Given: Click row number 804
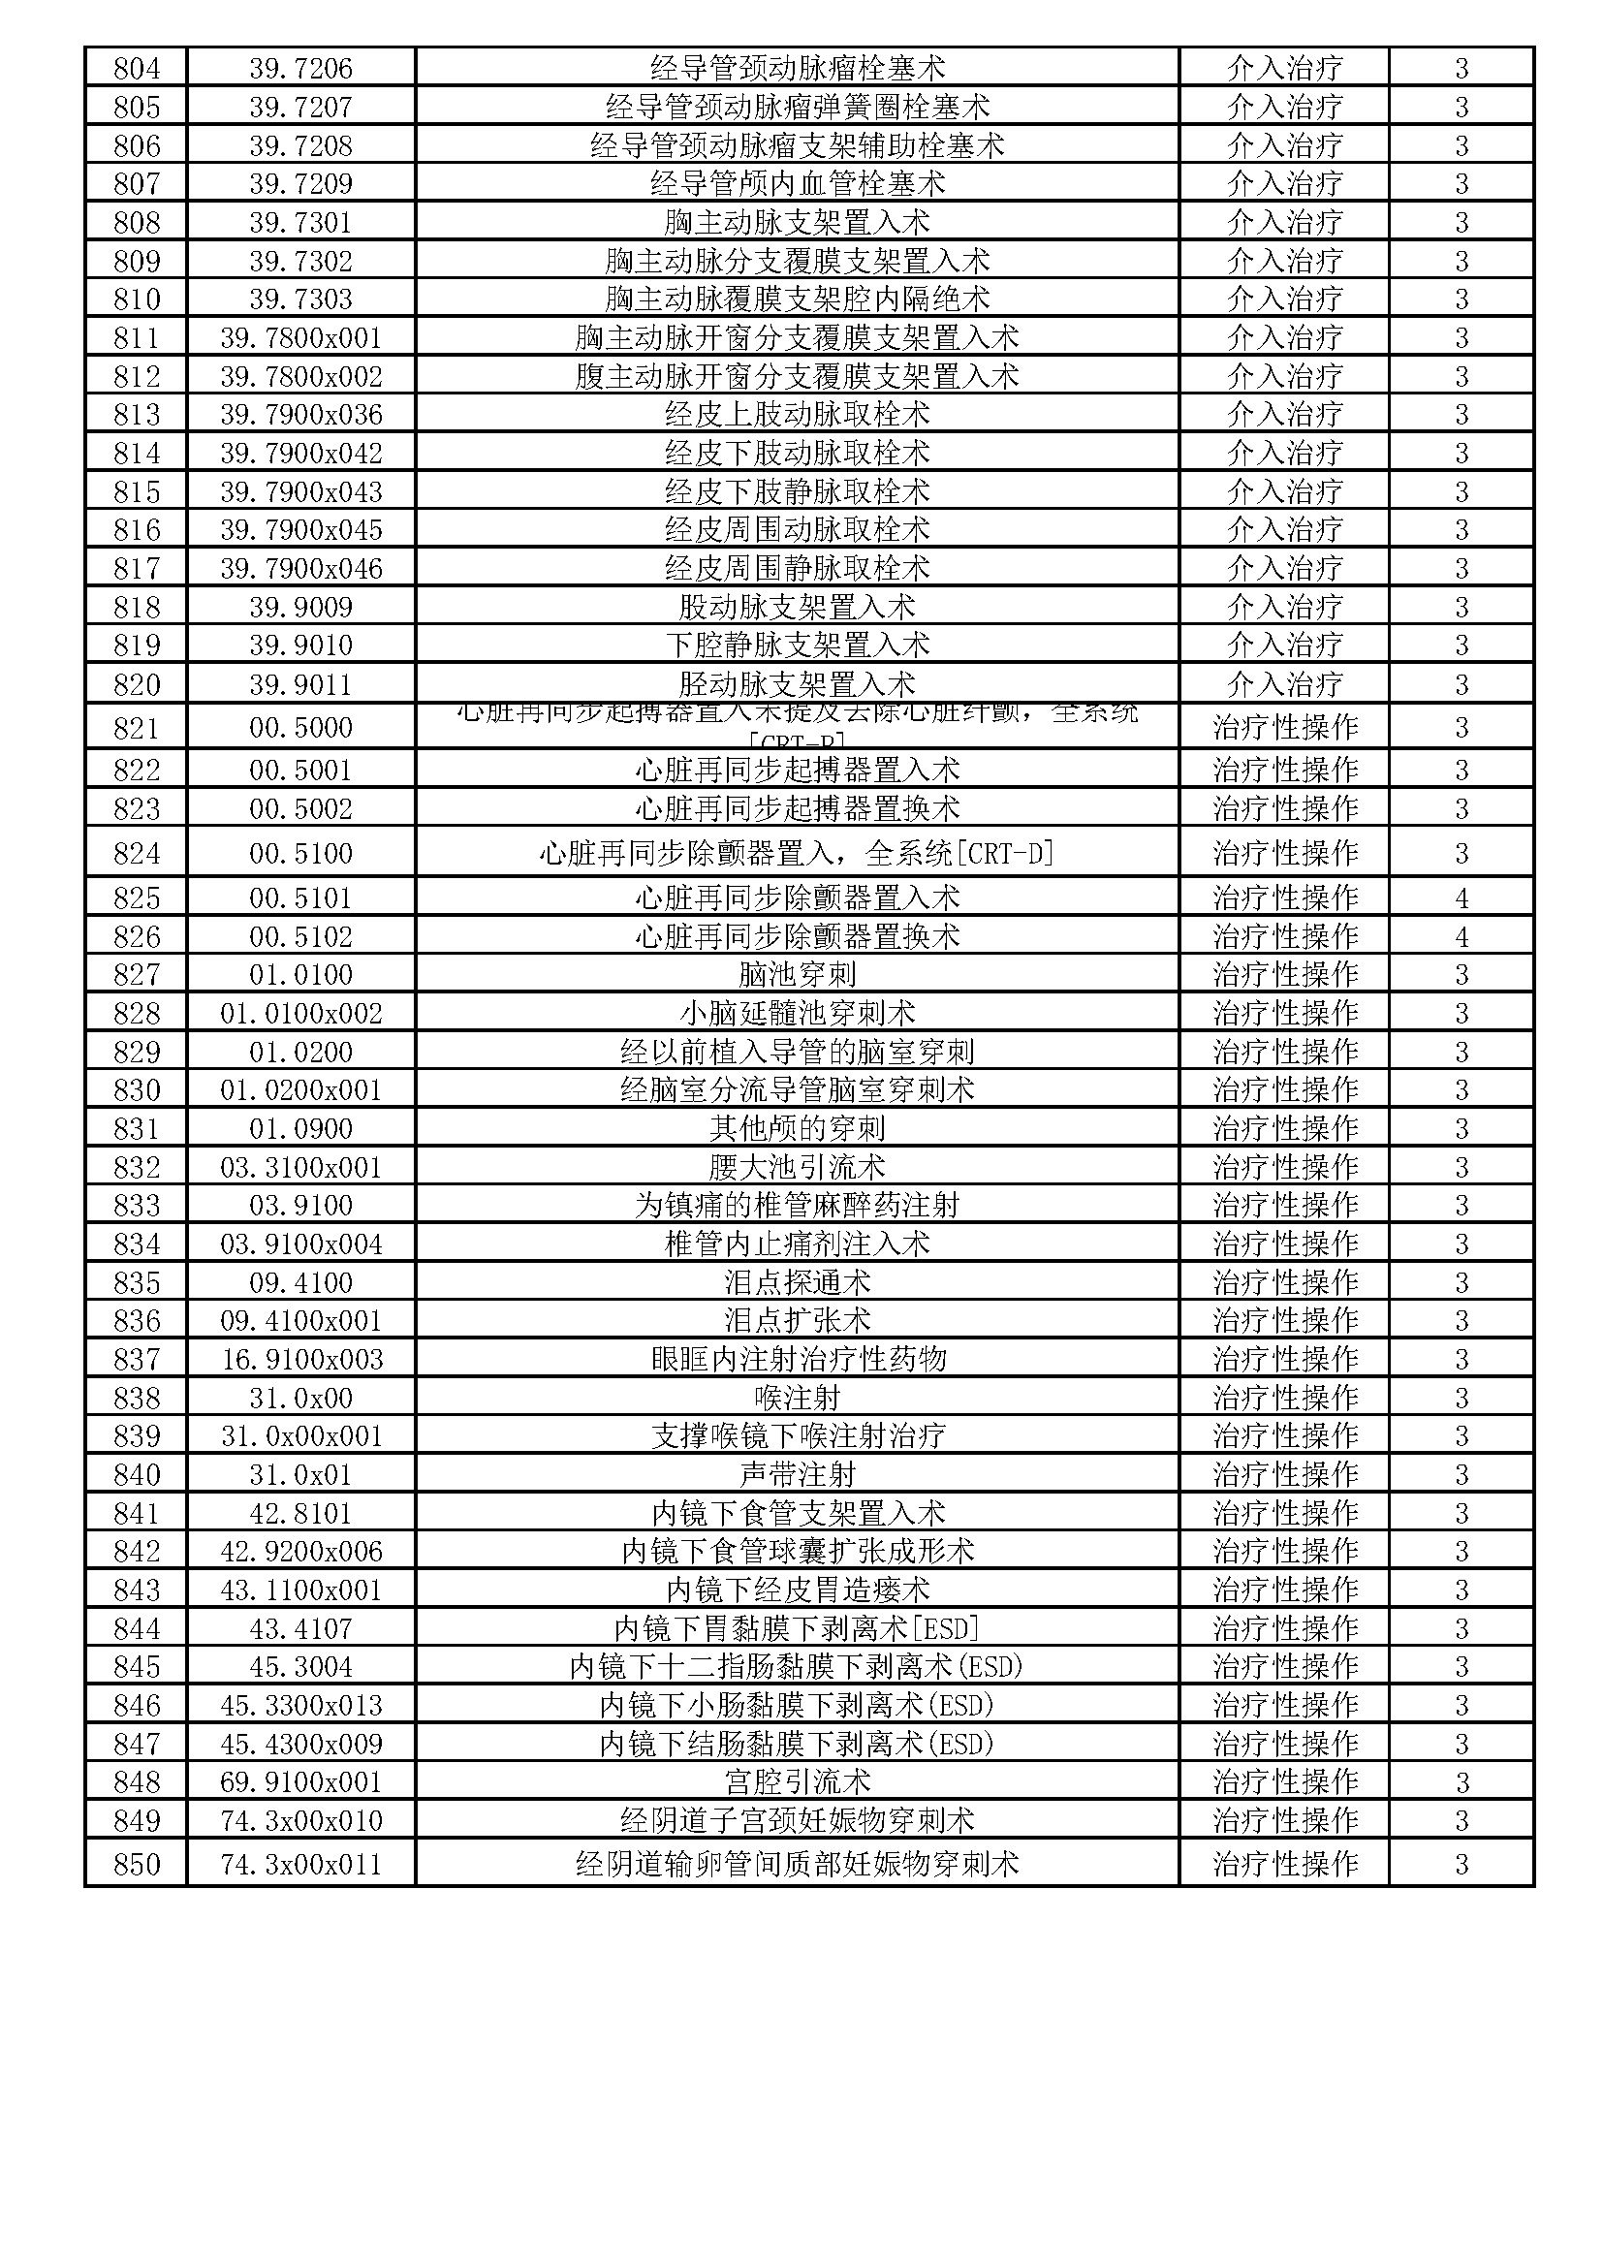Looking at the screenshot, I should coord(137,68).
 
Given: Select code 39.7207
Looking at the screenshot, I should coord(300,107).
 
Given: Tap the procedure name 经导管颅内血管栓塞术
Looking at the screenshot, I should coord(797,183).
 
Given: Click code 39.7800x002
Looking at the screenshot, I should coord(300,376).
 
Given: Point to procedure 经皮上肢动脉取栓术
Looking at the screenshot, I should coord(797,415).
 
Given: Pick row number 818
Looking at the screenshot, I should coord(137,608).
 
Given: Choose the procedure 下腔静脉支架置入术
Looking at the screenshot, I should coord(797,645).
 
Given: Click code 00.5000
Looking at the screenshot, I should coord(300,728).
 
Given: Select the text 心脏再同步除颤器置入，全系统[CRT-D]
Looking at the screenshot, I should coord(797,853).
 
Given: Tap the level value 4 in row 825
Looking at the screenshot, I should coord(1461,898).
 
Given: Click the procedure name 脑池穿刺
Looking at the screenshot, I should coord(797,974).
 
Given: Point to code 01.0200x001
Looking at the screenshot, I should coord(300,1090).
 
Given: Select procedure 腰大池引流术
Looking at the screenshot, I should coord(797,1167).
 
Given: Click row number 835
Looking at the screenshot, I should coord(137,1282).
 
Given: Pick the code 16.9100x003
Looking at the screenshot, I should coord(300,1360).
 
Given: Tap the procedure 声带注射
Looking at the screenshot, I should coord(797,1475).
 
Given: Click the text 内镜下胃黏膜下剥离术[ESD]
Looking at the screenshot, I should coord(797,1629).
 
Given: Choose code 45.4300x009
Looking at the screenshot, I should coord(300,1745).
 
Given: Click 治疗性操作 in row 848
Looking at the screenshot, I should coord(1284,1782).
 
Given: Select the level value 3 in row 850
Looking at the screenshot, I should coord(1461,1864).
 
